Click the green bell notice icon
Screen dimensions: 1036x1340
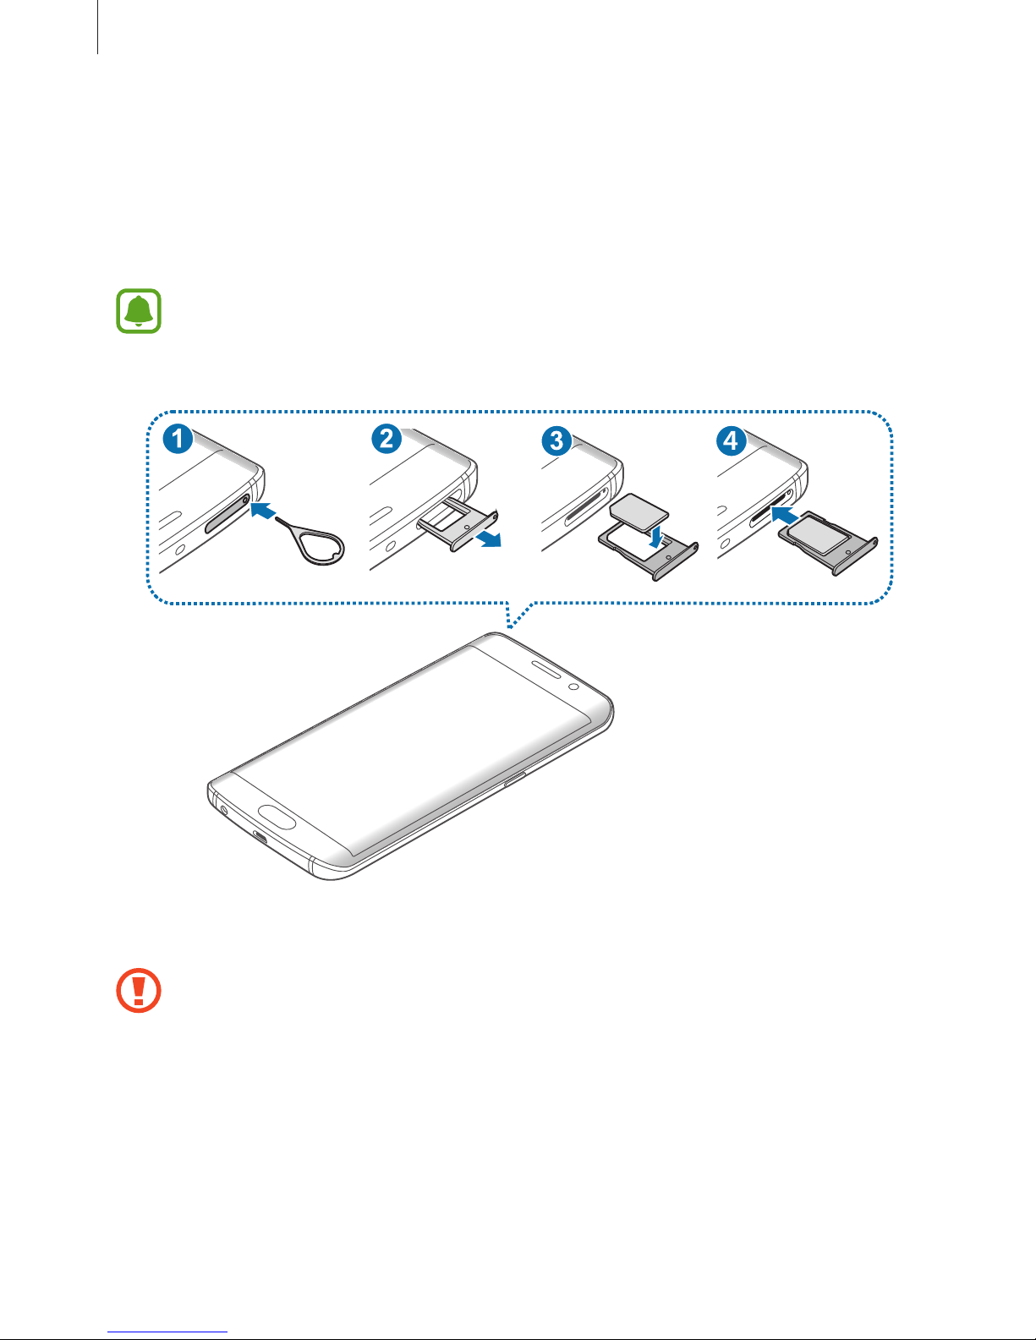[139, 311]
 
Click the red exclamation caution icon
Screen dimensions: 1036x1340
[139, 990]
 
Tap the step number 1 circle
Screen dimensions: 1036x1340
[178, 439]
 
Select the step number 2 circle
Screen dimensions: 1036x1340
[386, 439]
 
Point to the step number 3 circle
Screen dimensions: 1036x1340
[556, 441]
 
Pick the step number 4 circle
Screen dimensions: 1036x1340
[732, 441]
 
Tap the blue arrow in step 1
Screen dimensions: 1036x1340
[263, 511]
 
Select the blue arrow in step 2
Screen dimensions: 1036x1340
[489, 539]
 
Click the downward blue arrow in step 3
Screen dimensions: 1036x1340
[657, 536]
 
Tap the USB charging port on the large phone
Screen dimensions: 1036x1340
[260, 838]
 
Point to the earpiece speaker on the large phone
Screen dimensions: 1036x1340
[545, 669]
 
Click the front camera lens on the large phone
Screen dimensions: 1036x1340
[573, 687]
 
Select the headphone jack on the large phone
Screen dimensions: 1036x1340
[223, 810]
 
